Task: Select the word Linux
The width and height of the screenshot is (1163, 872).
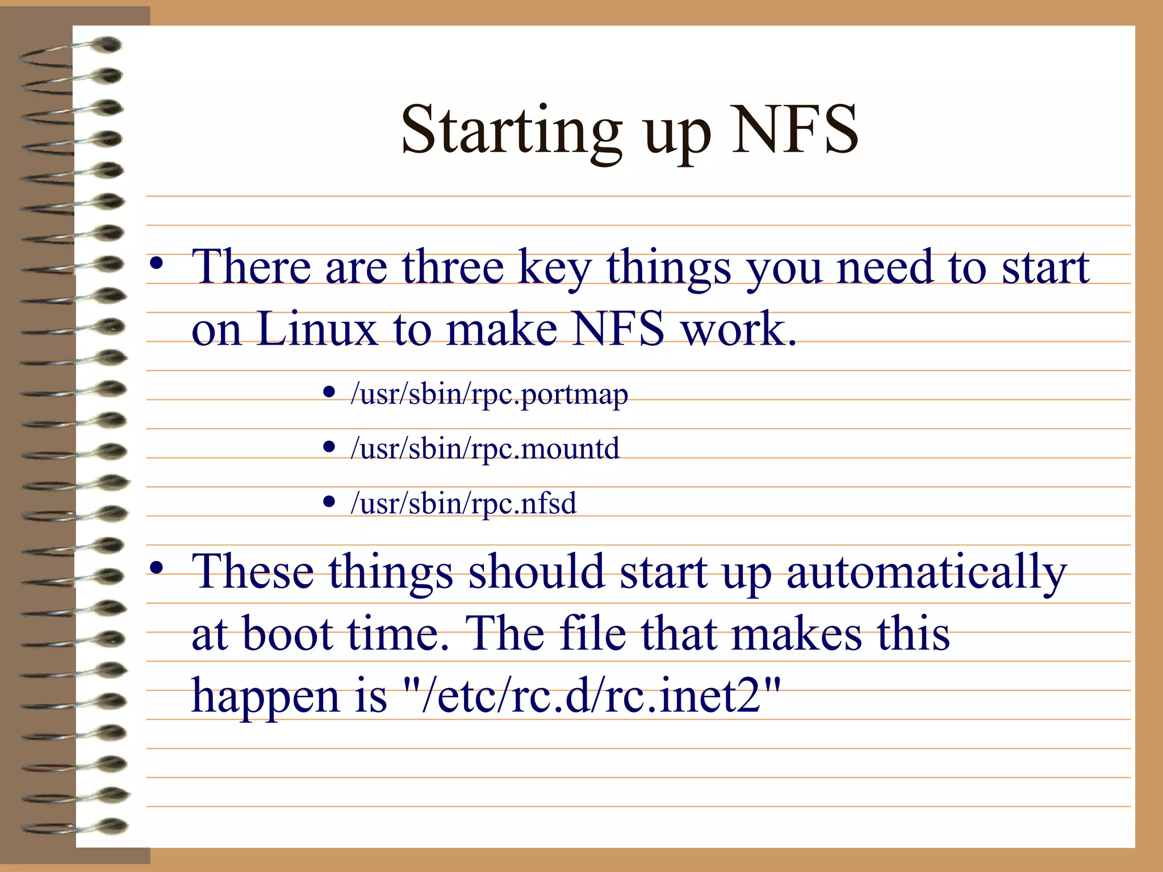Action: click(x=316, y=329)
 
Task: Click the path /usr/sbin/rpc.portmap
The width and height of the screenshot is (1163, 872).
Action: click(x=489, y=393)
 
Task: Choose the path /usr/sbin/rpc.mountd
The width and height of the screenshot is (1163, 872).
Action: click(x=484, y=448)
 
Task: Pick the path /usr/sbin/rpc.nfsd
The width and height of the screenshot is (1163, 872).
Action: click(x=463, y=503)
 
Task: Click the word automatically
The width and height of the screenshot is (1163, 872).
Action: click(x=926, y=572)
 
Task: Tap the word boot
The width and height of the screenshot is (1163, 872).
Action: click(x=287, y=634)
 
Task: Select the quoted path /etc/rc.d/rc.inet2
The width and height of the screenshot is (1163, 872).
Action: click(x=591, y=696)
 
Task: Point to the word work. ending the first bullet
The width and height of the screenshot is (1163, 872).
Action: click(x=738, y=329)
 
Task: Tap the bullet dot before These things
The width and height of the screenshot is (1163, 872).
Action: click(x=157, y=568)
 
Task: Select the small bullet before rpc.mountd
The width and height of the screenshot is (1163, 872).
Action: click(x=329, y=447)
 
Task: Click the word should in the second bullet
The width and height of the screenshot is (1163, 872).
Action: click(x=536, y=571)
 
